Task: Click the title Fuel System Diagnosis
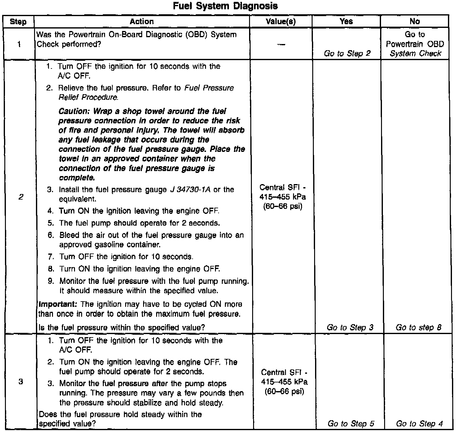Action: pyautogui.click(x=225, y=6)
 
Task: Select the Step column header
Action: pyautogui.click(x=18, y=22)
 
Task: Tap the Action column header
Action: pyautogui.click(x=142, y=21)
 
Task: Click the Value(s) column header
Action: pyautogui.click(x=281, y=21)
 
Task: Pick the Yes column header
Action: pyautogui.click(x=346, y=21)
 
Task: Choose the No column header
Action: pyautogui.click(x=414, y=21)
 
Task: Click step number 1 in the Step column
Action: pyautogui.click(x=19, y=44)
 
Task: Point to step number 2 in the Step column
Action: pyautogui.click(x=20, y=197)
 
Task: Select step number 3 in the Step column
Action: pyautogui.click(x=20, y=381)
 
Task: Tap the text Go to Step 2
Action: pyautogui.click(x=347, y=53)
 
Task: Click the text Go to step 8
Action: pyautogui.click(x=418, y=327)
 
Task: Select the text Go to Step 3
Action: pyautogui.click(x=350, y=327)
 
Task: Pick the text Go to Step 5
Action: pyautogui.click(x=351, y=423)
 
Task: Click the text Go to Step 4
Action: pyautogui.click(x=419, y=423)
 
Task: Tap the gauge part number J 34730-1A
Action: pyautogui.click(x=190, y=189)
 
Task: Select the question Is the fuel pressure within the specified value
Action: pyautogui.click(x=121, y=327)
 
